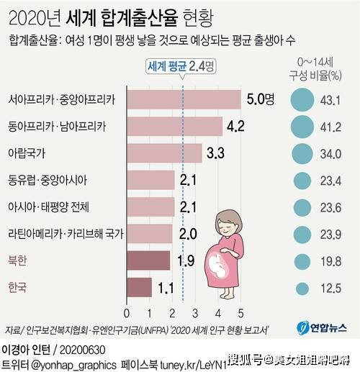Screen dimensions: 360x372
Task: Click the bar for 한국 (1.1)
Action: pyautogui.click(x=140, y=287)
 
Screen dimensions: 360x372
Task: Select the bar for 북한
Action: pyautogui.click(x=148, y=260)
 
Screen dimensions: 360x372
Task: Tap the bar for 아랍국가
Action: pyautogui.click(x=165, y=153)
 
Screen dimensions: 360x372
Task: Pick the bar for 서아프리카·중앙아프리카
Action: pyautogui.click(x=184, y=99)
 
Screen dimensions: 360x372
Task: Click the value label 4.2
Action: pyautogui.click(x=235, y=126)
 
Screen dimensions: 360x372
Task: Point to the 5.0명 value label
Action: pyautogui.click(x=261, y=99)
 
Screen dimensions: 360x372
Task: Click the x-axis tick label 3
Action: pyautogui.click(x=195, y=313)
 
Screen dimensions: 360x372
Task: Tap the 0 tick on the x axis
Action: pyautogui.click(x=127, y=313)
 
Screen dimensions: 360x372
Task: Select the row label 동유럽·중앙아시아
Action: pyautogui.click(x=48, y=180)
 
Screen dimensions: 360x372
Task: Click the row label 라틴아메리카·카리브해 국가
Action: pyautogui.click(x=66, y=234)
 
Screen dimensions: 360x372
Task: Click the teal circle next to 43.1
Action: pyautogui.click(x=302, y=100)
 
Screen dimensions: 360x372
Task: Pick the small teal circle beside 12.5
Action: pyautogui.click(x=302, y=289)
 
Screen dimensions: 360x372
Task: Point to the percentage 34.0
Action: pyautogui.click(x=330, y=154)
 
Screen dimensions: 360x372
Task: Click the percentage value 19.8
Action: pyautogui.click(x=330, y=261)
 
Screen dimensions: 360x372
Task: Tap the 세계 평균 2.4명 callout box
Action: pyautogui.click(x=181, y=66)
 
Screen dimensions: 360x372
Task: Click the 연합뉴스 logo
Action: pyautogui.click(x=322, y=327)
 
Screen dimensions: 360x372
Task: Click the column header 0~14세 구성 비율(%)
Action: pyautogui.click(x=315, y=70)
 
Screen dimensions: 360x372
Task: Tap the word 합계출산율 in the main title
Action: pyautogui.click(x=140, y=19)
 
